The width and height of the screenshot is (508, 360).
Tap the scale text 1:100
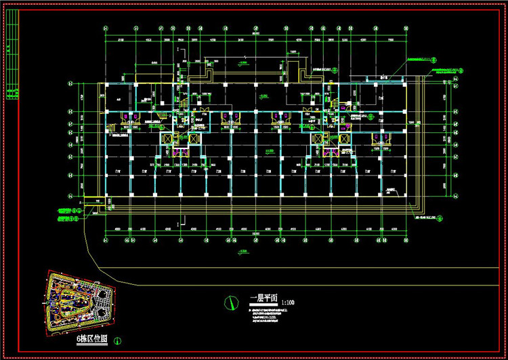tap(287, 302)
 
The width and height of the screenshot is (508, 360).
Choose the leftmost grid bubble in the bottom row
tap(106, 241)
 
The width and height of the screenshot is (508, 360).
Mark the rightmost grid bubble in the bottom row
tap(406, 241)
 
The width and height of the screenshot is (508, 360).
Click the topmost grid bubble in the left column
tap(70, 83)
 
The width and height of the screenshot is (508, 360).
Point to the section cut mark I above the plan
tap(177, 52)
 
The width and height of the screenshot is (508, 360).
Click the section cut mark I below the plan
tap(177, 222)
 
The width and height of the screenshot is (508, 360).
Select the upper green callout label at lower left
tap(67, 211)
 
